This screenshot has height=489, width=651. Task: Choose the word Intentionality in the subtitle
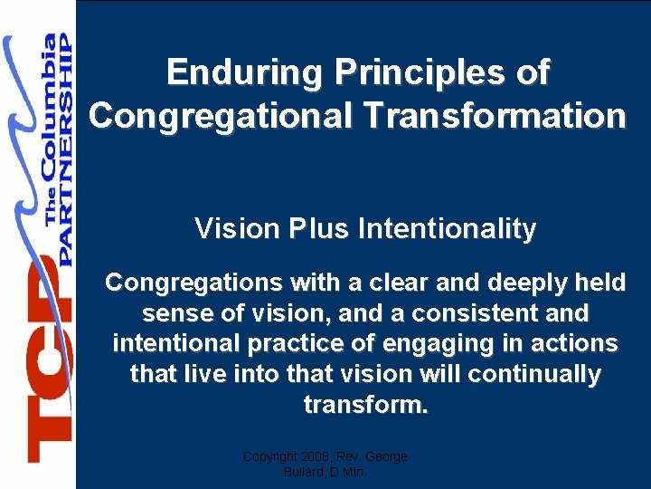pos(447,229)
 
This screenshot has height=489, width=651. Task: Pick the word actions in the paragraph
pos(578,344)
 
